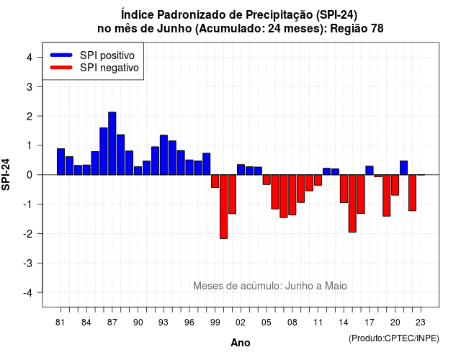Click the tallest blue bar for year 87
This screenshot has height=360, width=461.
click(112, 143)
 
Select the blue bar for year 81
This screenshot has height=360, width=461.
click(61, 161)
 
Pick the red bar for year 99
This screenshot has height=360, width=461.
click(215, 181)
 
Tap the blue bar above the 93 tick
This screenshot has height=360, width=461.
click(164, 155)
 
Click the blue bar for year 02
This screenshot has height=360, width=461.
click(241, 170)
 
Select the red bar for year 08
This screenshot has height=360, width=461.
click(292, 195)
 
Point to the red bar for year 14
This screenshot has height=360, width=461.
click(344, 189)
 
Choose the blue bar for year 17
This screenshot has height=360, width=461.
click(370, 171)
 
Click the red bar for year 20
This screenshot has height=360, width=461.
click(395, 185)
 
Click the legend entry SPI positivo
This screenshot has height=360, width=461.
click(107, 55)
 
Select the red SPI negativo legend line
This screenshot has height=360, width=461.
click(61, 67)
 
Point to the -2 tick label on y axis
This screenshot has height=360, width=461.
click(29, 233)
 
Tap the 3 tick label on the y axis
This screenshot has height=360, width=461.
click(30, 86)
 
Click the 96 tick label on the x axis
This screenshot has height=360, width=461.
click(189, 323)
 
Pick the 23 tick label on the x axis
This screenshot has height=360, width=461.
click(421, 323)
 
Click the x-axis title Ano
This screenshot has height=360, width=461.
click(241, 343)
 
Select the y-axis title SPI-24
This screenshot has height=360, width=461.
click(6, 174)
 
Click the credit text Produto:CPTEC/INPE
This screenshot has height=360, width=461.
click(394, 338)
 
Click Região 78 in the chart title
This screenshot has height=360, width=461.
click(357, 29)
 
